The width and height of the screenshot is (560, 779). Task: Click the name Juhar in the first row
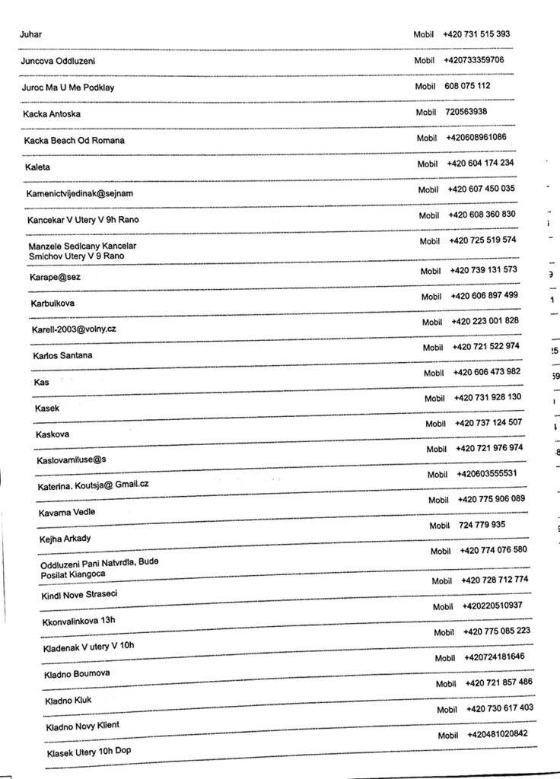[x=31, y=34]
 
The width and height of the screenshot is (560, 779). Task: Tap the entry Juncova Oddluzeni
[x=58, y=61]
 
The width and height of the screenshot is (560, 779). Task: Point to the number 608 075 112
[x=467, y=86]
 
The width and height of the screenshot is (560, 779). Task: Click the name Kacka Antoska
[x=52, y=114]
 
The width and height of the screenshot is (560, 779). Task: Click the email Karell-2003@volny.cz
[x=74, y=329]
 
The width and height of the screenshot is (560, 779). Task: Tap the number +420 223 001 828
[x=485, y=321]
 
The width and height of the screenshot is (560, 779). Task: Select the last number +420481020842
[x=498, y=734]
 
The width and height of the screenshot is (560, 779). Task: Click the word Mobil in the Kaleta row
[x=428, y=164]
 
